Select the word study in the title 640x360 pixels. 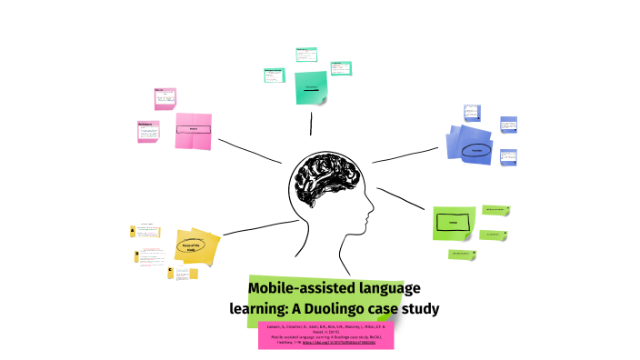coord(418,308)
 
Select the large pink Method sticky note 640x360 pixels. coord(194,130)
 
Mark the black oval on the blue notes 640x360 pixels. coord(475,151)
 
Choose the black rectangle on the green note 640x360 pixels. coord(453,222)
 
